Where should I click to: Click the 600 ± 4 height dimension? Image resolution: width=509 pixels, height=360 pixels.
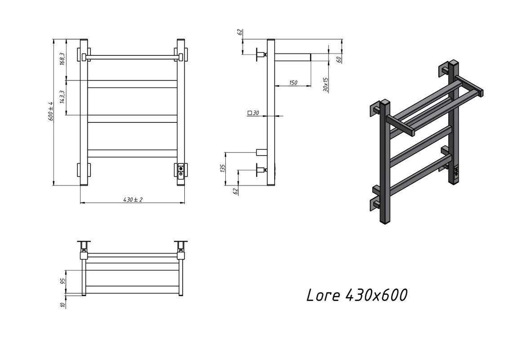[51, 112]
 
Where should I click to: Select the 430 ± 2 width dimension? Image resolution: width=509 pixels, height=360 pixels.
[133, 199]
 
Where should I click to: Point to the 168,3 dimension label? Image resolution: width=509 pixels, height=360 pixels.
[63, 59]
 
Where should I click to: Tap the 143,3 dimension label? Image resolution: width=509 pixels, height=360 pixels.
[63, 97]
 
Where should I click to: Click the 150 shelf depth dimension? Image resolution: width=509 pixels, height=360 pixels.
[293, 82]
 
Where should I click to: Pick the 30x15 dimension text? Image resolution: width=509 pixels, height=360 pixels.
[326, 85]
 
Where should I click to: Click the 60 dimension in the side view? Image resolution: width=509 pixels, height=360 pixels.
[339, 59]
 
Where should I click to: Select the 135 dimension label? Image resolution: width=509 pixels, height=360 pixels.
[223, 168]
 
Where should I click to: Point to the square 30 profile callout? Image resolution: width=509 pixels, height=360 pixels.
[253, 113]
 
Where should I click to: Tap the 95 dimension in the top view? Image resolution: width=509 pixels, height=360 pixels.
[63, 281]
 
